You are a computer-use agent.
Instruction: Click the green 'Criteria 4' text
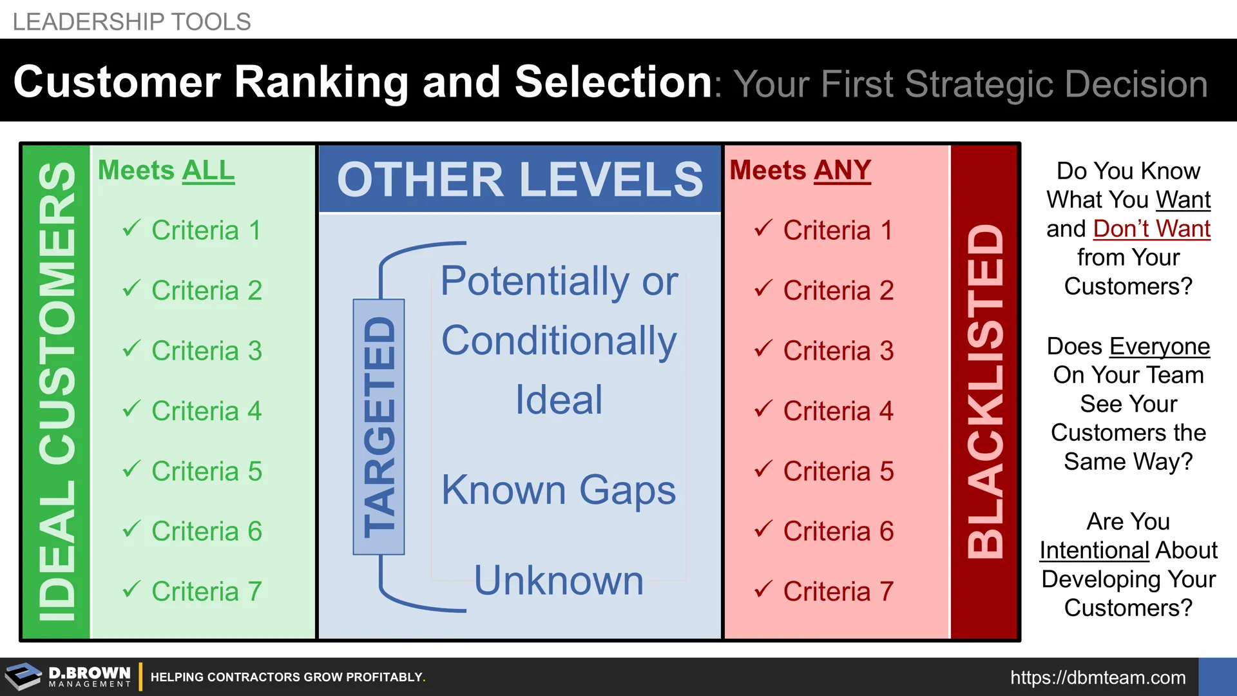point(207,411)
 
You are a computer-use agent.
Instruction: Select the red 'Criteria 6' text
point(839,532)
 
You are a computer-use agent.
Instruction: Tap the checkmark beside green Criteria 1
point(131,228)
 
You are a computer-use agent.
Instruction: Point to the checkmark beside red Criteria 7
point(763,589)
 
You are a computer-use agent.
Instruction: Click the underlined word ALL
point(208,171)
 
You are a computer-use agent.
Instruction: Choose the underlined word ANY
point(842,171)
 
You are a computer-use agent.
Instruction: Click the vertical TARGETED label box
point(379,427)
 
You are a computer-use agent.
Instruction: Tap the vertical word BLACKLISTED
point(985,391)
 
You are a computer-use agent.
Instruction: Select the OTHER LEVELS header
point(520,179)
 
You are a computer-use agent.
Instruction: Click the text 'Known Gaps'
point(559,491)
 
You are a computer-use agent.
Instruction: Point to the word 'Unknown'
point(559,580)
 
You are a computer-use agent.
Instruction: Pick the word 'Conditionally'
point(559,342)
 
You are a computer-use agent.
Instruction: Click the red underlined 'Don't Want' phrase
point(1152,229)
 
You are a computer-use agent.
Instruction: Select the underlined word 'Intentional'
point(1095,550)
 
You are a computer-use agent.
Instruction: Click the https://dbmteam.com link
point(1098,677)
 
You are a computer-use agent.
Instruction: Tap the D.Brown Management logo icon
point(23,677)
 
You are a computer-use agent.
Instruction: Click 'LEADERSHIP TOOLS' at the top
point(131,22)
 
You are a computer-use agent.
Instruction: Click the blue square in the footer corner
point(1218,677)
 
